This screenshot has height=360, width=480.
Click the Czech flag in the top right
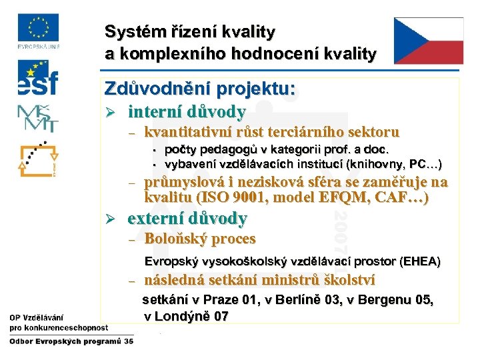click(x=428, y=41)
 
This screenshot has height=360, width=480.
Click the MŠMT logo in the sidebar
click(x=38, y=118)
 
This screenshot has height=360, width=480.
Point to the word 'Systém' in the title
click(x=128, y=31)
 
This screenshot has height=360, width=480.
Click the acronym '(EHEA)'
click(x=418, y=261)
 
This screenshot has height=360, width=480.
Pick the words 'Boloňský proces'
click(x=200, y=239)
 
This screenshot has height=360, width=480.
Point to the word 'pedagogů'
click(x=217, y=150)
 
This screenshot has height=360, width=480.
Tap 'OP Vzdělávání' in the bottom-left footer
click(x=37, y=317)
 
